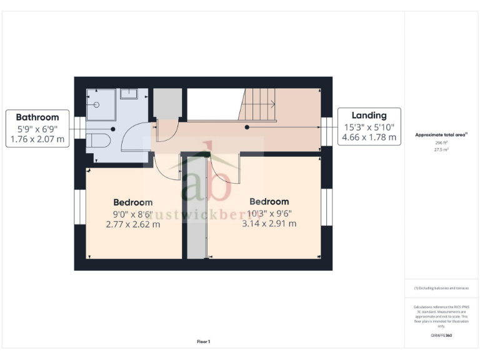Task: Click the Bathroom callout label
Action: coord(37,117)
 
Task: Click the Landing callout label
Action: coord(369,115)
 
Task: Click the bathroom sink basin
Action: coord(129,94)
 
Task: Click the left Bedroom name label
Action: coord(132,202)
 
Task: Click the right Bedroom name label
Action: coord(269,201)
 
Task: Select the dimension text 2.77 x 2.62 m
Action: coord(133,224)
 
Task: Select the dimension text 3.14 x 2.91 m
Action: coord(269,223)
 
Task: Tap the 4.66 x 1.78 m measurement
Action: coord(369,137)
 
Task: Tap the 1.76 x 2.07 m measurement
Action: coord(37,139)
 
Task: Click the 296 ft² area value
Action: coord(441,142)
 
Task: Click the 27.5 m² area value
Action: coord(441,150)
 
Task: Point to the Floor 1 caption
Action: coord(204,341)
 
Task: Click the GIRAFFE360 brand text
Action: coord(441,336)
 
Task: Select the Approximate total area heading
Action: coord(441,134)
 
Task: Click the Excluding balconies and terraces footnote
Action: coord(441,288)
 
